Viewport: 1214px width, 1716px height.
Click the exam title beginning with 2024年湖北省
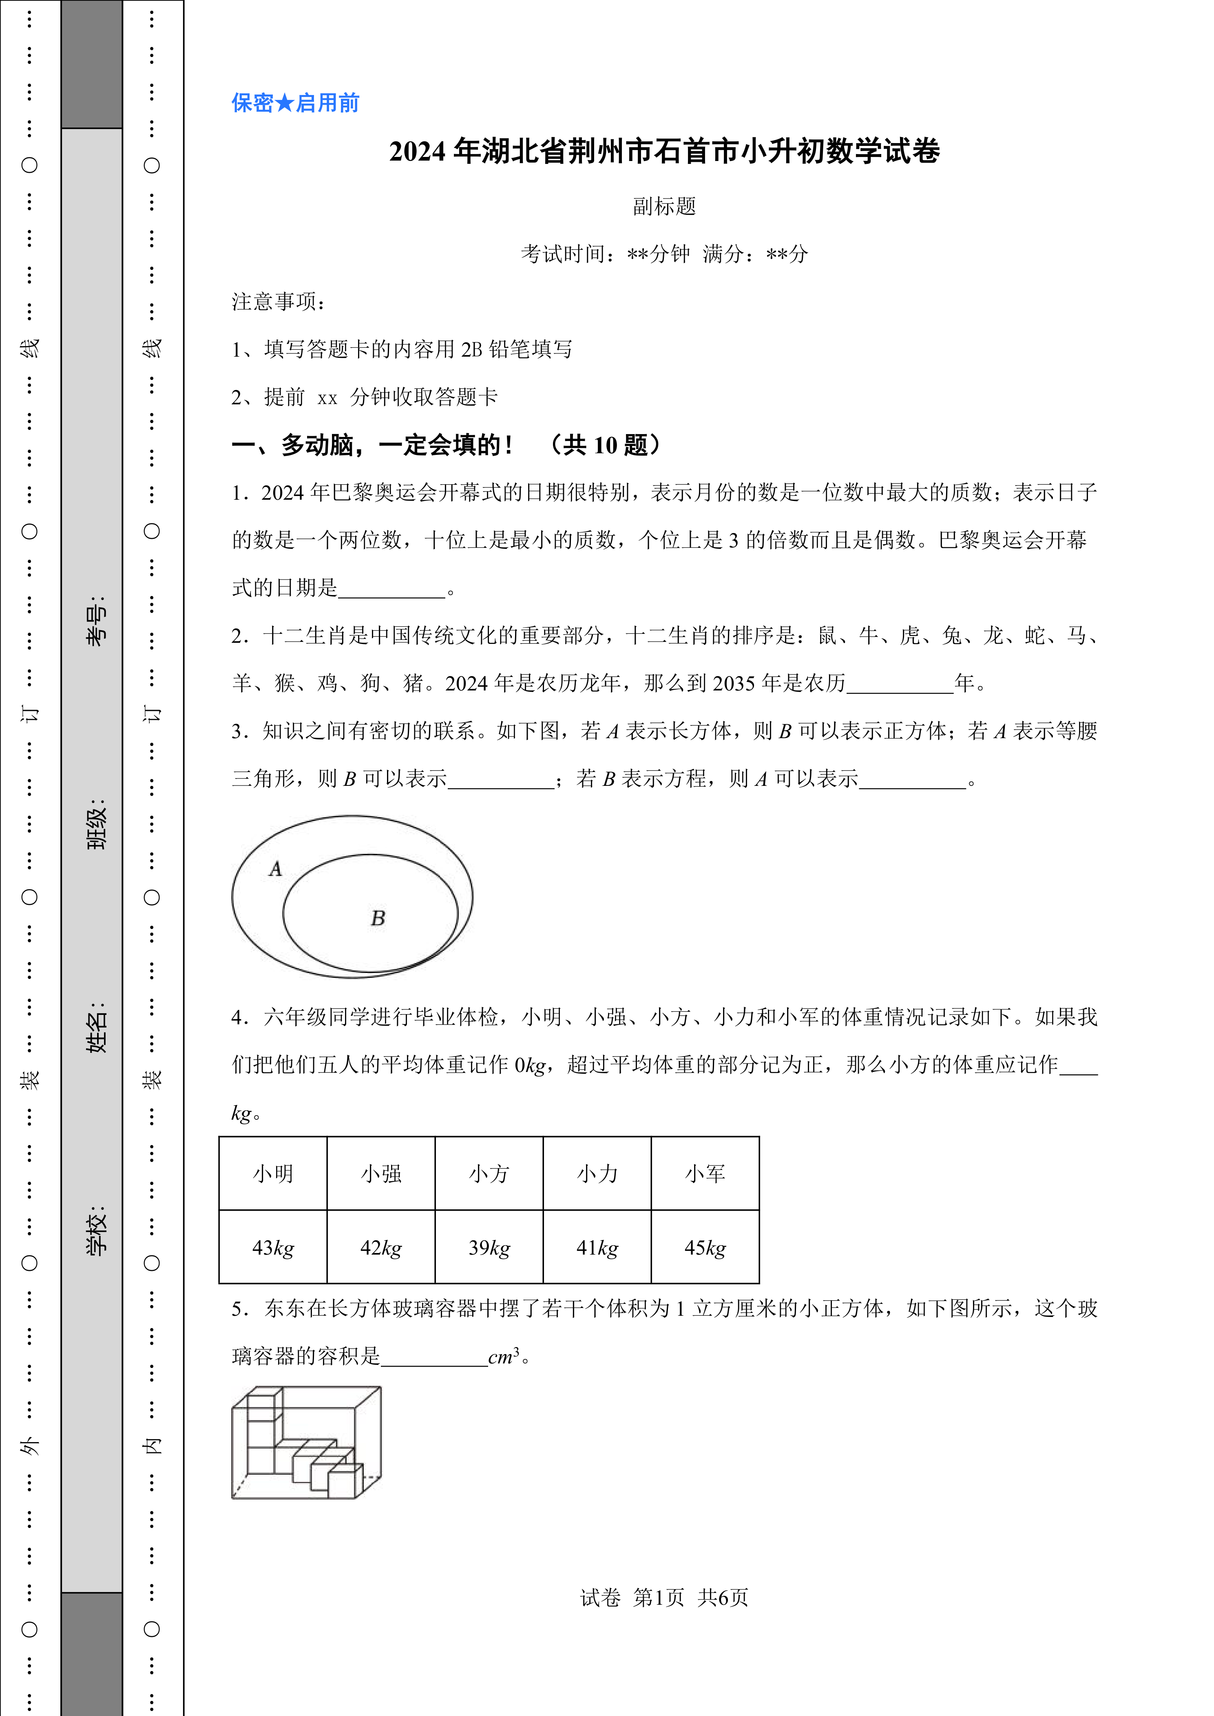click(x=664, y=152)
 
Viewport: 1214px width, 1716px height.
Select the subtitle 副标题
click(x=664, y=206)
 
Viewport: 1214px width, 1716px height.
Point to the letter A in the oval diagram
click(x=276, y=869)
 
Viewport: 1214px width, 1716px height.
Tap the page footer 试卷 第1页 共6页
click(x=664, y=1597)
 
